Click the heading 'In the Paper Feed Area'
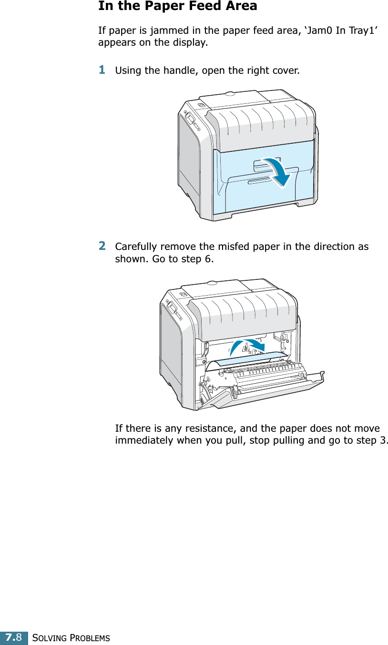[x=177, y=6]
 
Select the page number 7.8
[x=14, y=637]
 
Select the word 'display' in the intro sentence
[x=190, y=43]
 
